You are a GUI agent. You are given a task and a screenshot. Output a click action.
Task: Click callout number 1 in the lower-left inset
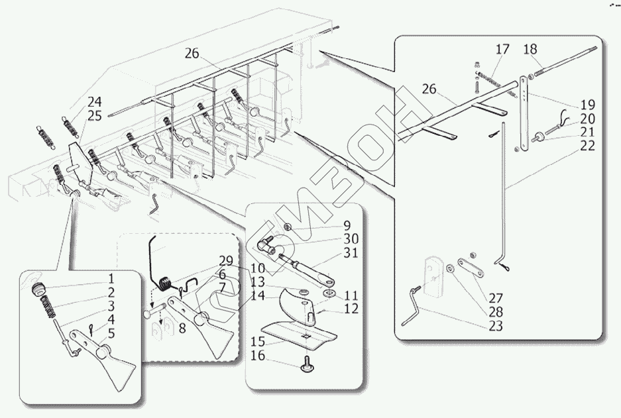pyautogui.click(x=111, y=278)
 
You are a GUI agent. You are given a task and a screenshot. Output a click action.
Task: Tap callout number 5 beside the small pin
pyautogui.click(x=111, y=334)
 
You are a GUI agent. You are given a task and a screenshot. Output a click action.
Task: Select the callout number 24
pyautogui.click(x=95, y=102)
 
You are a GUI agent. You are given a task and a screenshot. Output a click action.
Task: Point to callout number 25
pyautogui.click(x=95, y=116)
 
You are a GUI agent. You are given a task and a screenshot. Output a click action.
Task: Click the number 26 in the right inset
pyautogui.click(x=429, y=89)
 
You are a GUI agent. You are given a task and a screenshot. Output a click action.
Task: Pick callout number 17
pyautogui.click(x=502, y=49)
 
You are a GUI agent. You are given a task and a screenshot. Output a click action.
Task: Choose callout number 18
pyautogui.click(x=530, y=49)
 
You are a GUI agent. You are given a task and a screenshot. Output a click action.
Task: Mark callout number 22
pyautogui.click(x=587, y=146)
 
